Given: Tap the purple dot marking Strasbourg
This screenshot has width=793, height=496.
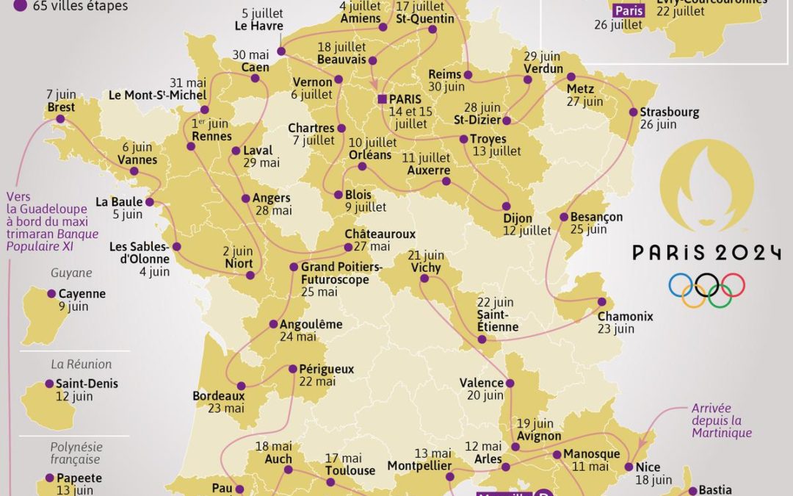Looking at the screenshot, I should (633, 112).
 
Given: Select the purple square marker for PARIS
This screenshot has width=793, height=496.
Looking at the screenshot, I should (382, 98).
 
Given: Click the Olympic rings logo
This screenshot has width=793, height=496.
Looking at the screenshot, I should (706, 290).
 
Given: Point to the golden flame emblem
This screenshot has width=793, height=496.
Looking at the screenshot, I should (706, 184).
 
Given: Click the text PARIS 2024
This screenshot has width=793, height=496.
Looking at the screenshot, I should (706, 254).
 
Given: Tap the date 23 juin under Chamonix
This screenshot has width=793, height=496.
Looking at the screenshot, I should (615, 329).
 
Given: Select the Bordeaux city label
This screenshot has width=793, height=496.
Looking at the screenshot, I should (218, 395).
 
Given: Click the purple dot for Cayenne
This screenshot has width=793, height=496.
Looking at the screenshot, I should (51, 294).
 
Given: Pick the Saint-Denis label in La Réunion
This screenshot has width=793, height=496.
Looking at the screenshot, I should (87, 384).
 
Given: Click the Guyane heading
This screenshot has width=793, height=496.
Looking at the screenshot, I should (71, 273).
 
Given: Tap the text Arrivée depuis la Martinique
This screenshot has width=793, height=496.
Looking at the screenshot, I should (722, 420).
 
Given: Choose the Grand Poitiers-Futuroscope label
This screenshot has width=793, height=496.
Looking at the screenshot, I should (341, 273).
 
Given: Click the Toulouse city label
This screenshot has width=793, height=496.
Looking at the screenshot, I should (350, 470).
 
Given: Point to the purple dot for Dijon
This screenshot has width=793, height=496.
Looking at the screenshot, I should (507, 206).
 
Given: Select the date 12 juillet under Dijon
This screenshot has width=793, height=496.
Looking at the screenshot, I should (526, 231).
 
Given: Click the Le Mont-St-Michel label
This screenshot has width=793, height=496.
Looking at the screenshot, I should (157, 95).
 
